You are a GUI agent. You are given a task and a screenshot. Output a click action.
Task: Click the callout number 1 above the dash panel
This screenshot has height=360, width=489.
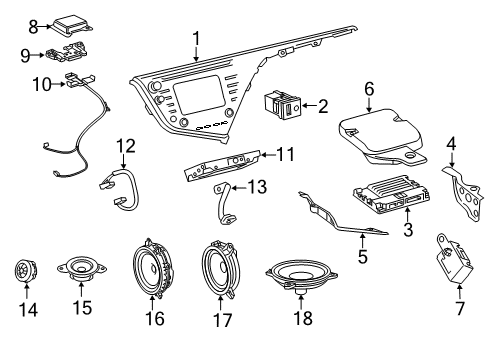[x=197, y=39]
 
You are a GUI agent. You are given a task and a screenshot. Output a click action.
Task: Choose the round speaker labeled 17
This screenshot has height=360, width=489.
[x=220, y=272]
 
